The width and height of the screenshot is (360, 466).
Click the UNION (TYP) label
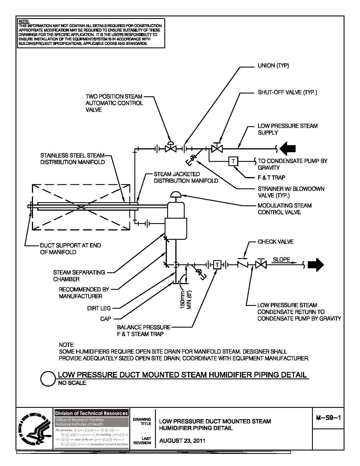(273, 66)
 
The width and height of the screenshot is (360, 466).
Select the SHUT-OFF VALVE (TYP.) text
(287, 93)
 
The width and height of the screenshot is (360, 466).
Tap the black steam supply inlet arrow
(288, 148)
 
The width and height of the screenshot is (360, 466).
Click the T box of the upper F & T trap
(233, 161)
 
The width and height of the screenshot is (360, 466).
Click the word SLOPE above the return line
(281, 260)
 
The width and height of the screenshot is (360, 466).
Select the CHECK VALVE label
(276, 242)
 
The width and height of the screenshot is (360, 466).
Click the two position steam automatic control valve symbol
(171, 147)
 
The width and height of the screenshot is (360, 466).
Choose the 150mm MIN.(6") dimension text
(186, 299)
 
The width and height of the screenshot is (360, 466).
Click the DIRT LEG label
(99, 308)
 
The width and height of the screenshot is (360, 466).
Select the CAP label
(106, 319)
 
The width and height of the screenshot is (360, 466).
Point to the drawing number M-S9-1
(328, 418)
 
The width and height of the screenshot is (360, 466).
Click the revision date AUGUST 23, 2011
(182, 441)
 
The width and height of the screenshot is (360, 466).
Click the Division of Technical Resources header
(91, 413)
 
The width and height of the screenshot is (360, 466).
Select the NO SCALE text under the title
(72, 383)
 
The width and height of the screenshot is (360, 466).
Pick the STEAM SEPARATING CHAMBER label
(79, 276)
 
